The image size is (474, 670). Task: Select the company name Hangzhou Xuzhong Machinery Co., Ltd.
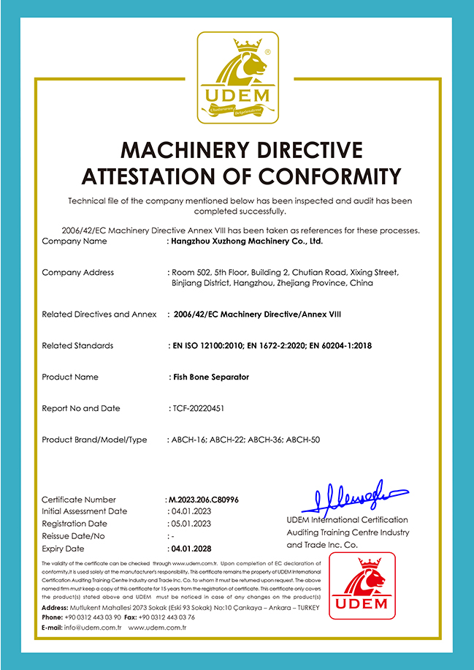[x=246, y=241]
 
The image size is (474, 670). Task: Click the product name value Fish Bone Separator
[x=210, y=377]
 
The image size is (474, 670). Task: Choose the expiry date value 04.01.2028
[x=191, y=548]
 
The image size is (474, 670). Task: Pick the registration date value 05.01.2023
[x=191, y=524]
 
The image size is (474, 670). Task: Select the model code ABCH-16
[x=188, y=440]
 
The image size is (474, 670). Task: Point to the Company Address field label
[x=78, y=272]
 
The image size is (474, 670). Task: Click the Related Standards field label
[x=77, y=345]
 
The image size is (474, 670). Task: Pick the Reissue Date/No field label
[x=76, y=536]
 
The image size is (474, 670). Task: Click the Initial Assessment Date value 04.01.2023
[x=191, y=511]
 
